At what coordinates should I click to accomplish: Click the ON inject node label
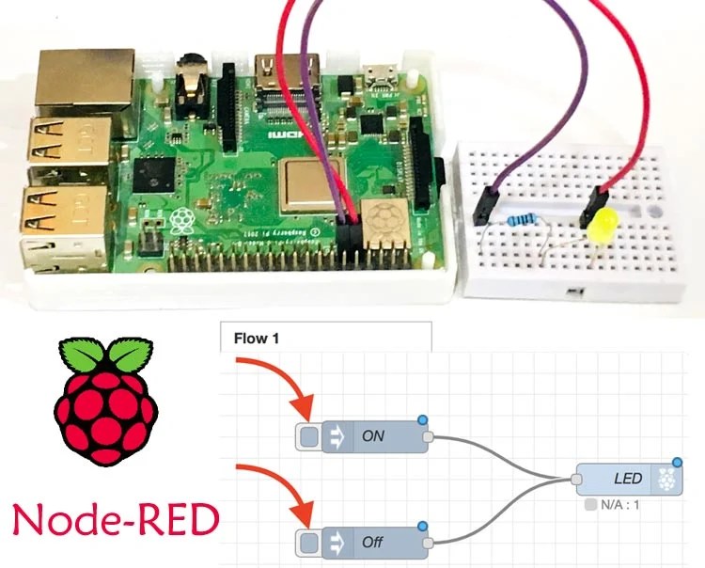[374, 436]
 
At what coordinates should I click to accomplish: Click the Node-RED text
[111, 520]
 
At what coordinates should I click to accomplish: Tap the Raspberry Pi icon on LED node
[667, 479]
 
